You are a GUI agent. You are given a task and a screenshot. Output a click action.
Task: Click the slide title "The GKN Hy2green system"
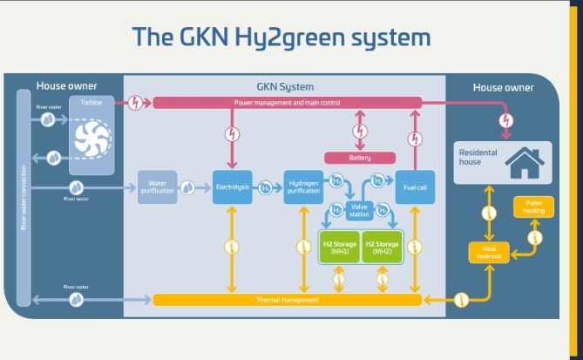pyautogui.click(x=281, y=37)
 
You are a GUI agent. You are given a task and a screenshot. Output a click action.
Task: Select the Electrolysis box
pyautogui.click(x=233, y=187)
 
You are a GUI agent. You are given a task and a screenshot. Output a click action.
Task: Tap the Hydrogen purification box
pyautogui.click(x=303, y=187)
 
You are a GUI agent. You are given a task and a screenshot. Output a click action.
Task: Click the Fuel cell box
pyautogui.click(x=415, y=187)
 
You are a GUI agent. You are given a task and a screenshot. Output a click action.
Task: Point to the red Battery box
pyautogui.click(x=360, y=158)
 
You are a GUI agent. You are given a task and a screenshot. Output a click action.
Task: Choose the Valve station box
pyautogui.click(x=359, y=211)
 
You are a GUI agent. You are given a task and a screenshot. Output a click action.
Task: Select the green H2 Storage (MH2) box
pyautogui.click(x=382, y=247)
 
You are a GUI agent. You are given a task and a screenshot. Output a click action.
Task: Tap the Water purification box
pyautogui.click(x=158, y=187)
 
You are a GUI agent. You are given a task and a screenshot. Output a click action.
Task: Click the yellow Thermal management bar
pyautogui.click(x=288, y=300)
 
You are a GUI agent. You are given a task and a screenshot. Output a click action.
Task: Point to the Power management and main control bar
pyautogui.click(x=287, y=103)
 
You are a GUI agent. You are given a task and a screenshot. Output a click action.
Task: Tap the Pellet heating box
pyautogui.click(x=533, y=207)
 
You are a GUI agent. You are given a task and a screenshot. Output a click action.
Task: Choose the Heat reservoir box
pyautogui.click(x=489, y=252)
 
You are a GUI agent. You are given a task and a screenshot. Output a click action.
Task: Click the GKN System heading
pyautogui.click(x=285, y=86)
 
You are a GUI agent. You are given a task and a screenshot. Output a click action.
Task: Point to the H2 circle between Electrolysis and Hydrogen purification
pyautogui.click(x=267, y=187)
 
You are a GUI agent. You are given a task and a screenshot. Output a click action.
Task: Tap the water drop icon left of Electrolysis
pyautogui.click(x=187, y=187)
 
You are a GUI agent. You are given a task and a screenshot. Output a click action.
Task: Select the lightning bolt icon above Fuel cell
pyautogui.click(x=415, y=137)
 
